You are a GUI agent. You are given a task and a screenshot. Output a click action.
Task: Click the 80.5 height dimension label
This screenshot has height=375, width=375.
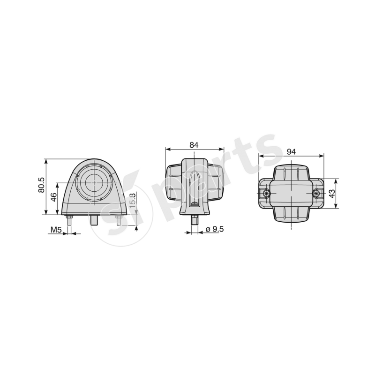tap(41, 186)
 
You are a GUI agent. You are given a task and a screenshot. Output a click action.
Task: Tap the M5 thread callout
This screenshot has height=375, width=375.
tap(56, 230)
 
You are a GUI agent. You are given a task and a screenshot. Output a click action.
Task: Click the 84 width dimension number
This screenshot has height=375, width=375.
tap(194, 145)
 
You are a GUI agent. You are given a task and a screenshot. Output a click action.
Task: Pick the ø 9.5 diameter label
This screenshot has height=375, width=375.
tap(214, 230)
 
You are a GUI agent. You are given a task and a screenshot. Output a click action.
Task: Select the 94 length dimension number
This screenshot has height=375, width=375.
tap(291, 151)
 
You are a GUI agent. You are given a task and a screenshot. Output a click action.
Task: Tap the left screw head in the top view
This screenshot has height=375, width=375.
tap(266, 194)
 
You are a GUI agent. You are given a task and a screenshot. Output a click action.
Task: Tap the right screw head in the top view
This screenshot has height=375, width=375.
tap(316, 194)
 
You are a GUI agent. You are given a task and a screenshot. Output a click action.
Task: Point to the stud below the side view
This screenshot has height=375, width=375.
tap(194, 220)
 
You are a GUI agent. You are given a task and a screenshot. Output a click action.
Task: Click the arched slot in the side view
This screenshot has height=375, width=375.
tap(195, 187)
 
